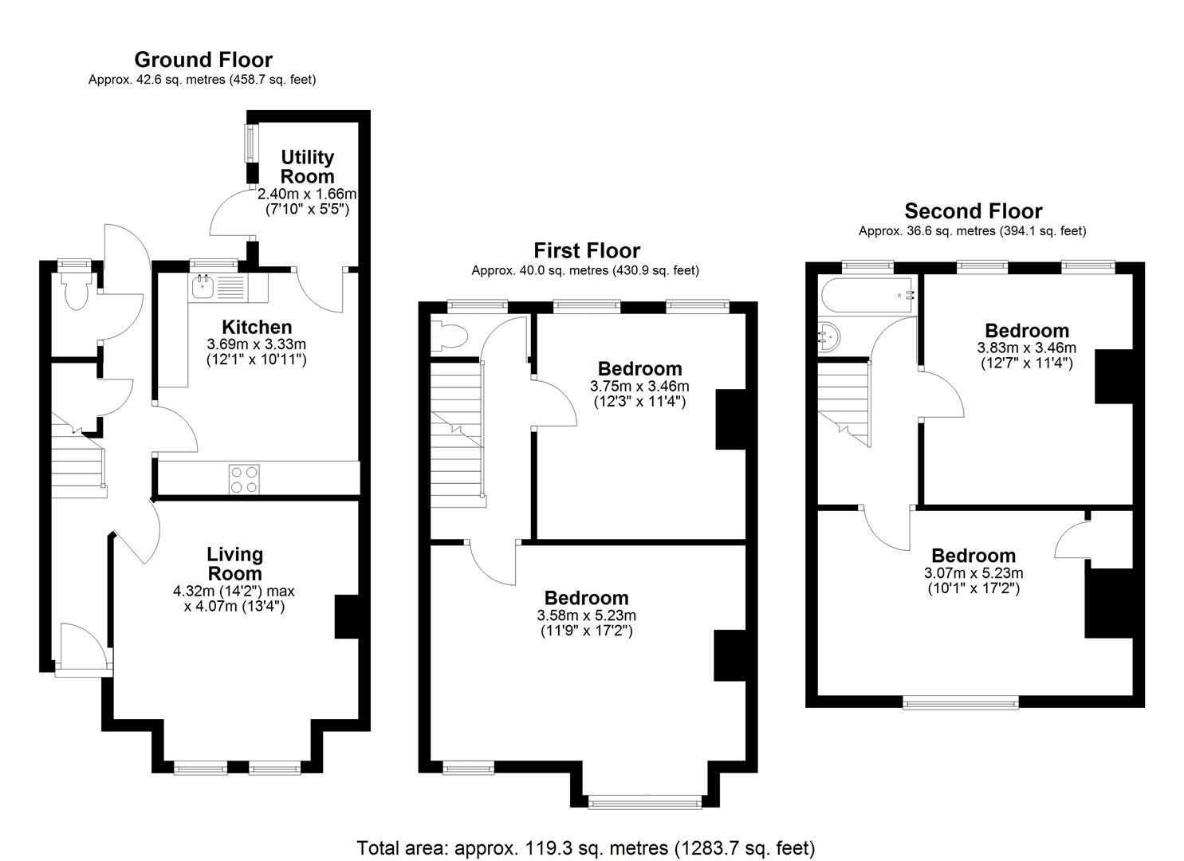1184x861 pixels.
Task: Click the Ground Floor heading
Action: point(203,60)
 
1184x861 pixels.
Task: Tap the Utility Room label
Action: point(307,167)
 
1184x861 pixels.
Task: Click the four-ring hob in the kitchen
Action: point(243,479)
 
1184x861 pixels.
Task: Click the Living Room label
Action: point(234,564)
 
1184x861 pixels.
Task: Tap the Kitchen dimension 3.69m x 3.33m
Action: point(256,344)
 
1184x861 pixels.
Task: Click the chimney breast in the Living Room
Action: point(346,616)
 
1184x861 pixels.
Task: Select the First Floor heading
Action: point(586,251)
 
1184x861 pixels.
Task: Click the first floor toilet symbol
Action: point(448,336)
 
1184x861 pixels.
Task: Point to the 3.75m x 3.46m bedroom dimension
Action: point(639,387)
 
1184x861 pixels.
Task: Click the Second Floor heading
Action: point(973,211)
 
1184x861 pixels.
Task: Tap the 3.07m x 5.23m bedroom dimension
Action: point(973,573)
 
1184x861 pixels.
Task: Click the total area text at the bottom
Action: point(585,847)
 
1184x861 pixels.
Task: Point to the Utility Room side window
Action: point(250,143)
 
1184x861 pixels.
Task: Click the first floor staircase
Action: point(457,431)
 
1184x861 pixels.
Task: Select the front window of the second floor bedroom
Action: point(960,702)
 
